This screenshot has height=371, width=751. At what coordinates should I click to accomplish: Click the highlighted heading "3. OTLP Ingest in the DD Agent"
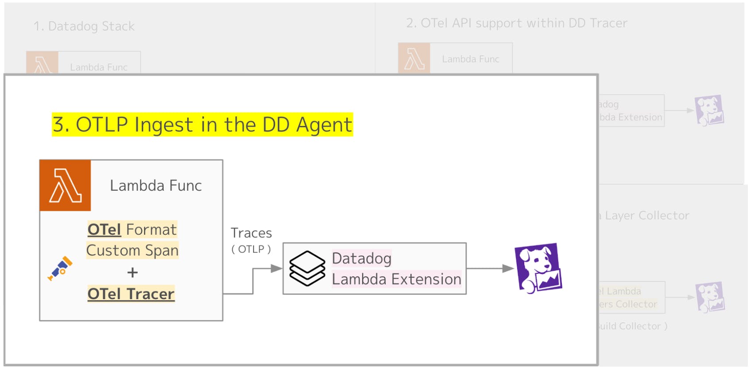pos(202,125)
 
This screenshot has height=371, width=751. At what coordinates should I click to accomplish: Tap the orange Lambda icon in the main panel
pos(65,185)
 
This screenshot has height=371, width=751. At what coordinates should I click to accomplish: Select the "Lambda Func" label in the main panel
pos(156,185)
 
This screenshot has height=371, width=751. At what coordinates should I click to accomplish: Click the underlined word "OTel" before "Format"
pos(104,229)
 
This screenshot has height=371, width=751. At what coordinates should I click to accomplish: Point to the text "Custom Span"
pos(132,250)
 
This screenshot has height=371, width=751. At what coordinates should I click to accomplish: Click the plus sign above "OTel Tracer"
pos(132,272)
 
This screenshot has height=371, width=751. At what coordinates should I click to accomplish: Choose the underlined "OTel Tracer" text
pos(131,294)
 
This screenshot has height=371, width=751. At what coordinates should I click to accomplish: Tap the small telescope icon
pos(60,268)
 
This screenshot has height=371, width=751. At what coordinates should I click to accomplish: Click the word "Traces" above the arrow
pos(251,233)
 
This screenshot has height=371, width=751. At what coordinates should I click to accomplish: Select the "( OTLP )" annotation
pos(251,249)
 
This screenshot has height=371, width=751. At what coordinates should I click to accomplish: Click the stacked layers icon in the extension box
pos(307,268)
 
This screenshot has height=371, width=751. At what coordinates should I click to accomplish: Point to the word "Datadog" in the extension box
pos(361,258)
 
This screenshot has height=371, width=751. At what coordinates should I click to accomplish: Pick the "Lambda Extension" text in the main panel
pos(396,279)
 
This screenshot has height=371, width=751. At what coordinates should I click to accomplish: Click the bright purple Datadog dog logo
pos(538,268)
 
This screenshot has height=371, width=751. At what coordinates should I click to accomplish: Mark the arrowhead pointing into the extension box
pos(277,268)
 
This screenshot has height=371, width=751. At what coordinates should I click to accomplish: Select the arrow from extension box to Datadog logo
pos(490,268)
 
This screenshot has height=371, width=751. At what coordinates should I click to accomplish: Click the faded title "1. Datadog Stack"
pos(84,26)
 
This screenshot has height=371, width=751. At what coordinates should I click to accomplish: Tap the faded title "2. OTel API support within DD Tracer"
pos(516,23)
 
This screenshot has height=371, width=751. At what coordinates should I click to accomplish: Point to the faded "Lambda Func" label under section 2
pos(470,59)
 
